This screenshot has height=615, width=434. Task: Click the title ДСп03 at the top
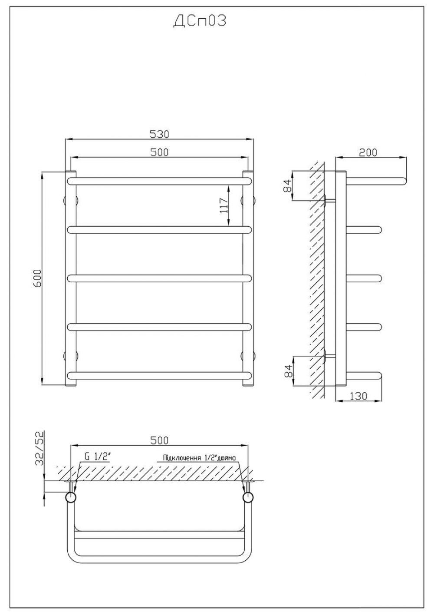(200, 21)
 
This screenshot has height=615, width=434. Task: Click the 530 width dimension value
(159, 134)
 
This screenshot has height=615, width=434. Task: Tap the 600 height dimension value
(37, 278)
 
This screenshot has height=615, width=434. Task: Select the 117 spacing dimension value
(224, 205)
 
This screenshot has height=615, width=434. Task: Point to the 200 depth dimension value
(368, 152)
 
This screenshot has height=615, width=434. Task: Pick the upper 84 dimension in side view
(287, 186)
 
